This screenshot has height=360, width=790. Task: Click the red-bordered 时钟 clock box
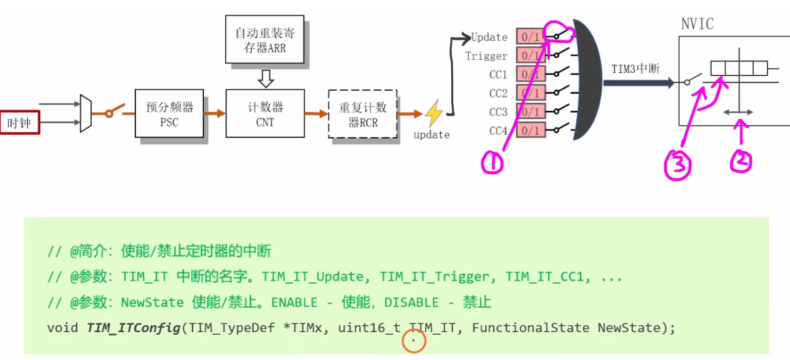point(19,123)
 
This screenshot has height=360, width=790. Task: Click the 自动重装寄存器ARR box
point(266,41)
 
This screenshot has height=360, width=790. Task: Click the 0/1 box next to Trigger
point(529,55)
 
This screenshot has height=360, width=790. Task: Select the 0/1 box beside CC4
point(529,130)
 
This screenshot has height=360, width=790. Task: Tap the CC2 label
point(498,93)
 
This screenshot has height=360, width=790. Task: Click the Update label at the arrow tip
point(489,37)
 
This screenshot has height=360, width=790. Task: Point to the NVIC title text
point(697,24)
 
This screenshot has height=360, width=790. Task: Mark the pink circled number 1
point(492,161)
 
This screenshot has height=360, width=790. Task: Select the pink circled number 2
point(741,161)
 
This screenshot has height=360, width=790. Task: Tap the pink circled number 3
point(678,163)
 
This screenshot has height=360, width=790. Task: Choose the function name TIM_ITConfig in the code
point(133,327)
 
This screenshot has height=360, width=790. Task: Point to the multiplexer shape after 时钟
point(86,113)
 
